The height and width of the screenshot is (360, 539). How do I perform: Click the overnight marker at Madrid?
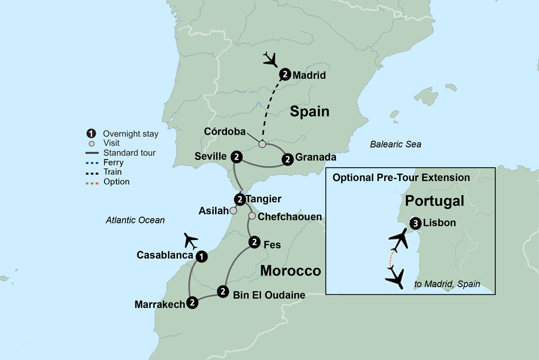click(x=285, y=75)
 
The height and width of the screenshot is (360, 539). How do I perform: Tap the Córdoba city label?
click(x=225, y=131)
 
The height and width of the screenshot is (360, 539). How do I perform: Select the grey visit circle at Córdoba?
click(x=262, y=144)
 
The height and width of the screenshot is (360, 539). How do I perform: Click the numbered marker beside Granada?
click(x=288, y=158)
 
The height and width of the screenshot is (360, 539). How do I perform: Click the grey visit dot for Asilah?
click(x=233, y=211)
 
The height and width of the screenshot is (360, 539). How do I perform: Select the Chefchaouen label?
click(x=290, y=217)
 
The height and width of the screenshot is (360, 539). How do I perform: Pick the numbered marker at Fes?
click(x=254, y=243)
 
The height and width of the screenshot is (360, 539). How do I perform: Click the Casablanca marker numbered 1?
click(x=201, y=257)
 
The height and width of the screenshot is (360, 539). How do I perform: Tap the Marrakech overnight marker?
click(x=192, y=303)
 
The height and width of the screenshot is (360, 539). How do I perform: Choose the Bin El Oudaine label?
click(x=269, y=295)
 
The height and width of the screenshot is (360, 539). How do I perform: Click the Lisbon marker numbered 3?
click(x=414, y=223)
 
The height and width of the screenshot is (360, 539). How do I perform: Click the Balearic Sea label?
click(x=396, y=144)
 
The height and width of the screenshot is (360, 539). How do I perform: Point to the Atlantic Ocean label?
click(x=135, y=220)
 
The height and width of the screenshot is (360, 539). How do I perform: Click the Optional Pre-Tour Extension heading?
click(x=401, y=177)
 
